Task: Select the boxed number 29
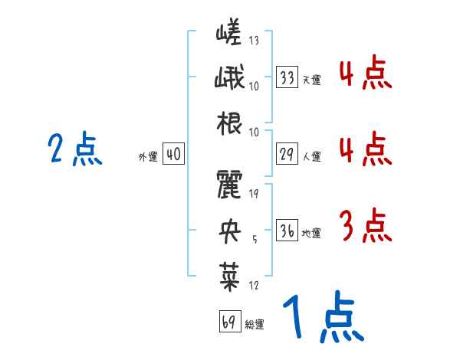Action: tap(287, 154)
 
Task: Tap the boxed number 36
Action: tap(287, 231)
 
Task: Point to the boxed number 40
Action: tap(173, 154)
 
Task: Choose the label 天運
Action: tap(311, 80)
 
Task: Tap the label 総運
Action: tap(255, 324)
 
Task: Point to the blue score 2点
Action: tap(74, 149)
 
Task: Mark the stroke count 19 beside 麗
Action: tap(254, 193)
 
